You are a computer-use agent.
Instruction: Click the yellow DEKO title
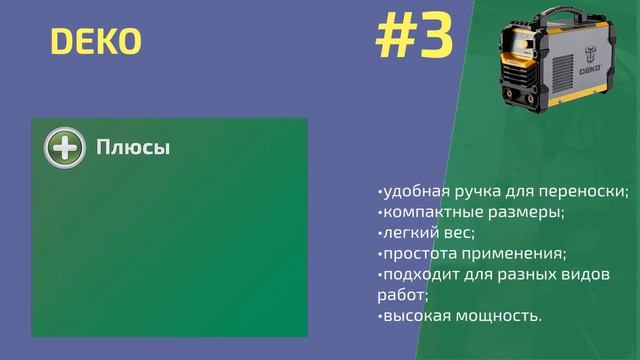96,42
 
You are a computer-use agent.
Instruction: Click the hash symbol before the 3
395,38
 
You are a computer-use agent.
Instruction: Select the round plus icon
65,148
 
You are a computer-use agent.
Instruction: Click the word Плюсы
133,148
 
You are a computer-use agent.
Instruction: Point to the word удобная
413,190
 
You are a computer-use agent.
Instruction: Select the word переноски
589,190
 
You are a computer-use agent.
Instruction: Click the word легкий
404,232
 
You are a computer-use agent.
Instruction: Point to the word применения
509,253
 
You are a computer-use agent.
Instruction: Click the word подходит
414,274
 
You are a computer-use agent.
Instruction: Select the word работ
400,295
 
